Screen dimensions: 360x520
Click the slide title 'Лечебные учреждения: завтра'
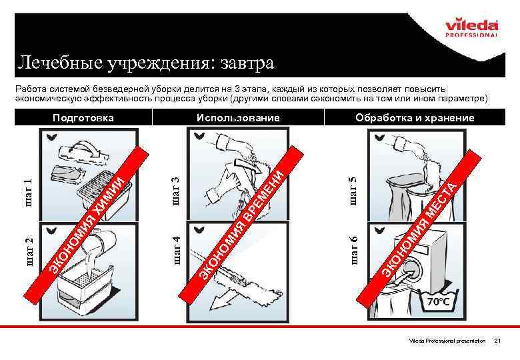pos(145,63)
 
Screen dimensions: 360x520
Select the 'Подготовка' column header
pos(83,118)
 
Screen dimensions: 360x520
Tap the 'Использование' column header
pos(238,118)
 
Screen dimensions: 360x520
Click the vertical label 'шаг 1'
pos(29,191)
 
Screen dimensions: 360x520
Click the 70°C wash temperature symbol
pos(437,301)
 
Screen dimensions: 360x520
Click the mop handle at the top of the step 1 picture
pos(91,147)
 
